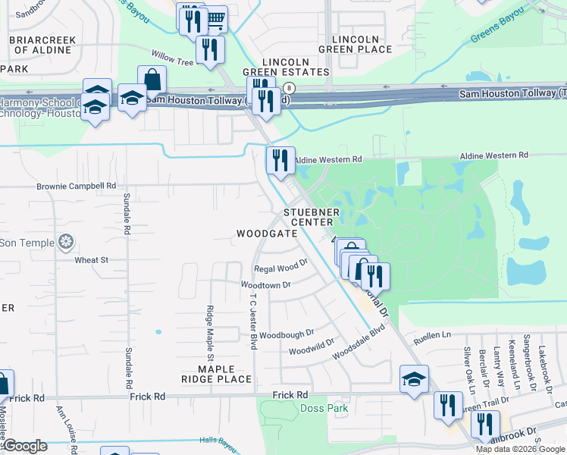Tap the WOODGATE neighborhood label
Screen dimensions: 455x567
(266, 234)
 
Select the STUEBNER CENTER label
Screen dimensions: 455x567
(309, 217)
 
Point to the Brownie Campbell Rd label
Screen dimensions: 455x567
(76, 186)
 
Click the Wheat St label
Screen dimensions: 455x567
(92, 260)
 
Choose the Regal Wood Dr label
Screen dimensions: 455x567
(280, 267)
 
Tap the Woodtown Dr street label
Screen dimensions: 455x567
(265, 285)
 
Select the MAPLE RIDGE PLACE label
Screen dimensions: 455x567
(215, 374)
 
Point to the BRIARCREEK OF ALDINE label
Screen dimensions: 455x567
(42, 45)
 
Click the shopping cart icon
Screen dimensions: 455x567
(215, 19)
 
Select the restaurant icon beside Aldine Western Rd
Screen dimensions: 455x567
(280, 160)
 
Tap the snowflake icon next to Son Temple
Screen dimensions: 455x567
(67, 243)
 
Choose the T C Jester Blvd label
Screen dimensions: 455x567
(254, 322)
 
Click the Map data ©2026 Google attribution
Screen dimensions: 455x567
(520, 448)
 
